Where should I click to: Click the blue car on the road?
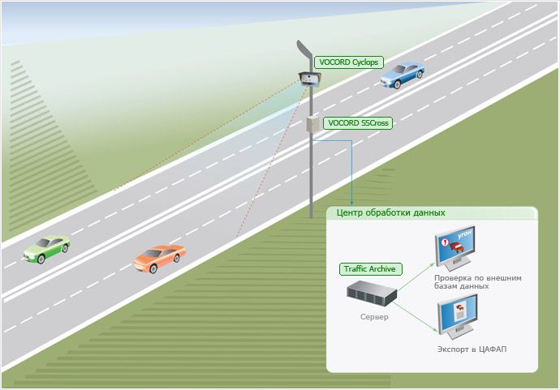tap(403, 75)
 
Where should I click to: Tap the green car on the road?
tap(46, 247)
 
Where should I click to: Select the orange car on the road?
tap(158, 259)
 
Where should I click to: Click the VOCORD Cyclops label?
tap(349, 62)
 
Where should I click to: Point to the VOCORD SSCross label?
tap(357, 123)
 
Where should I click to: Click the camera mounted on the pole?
tap(310, 78)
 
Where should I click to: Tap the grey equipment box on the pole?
tap(312, 123)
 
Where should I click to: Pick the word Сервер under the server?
tap(374, 316)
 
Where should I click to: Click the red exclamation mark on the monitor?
tap(443, 242)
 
